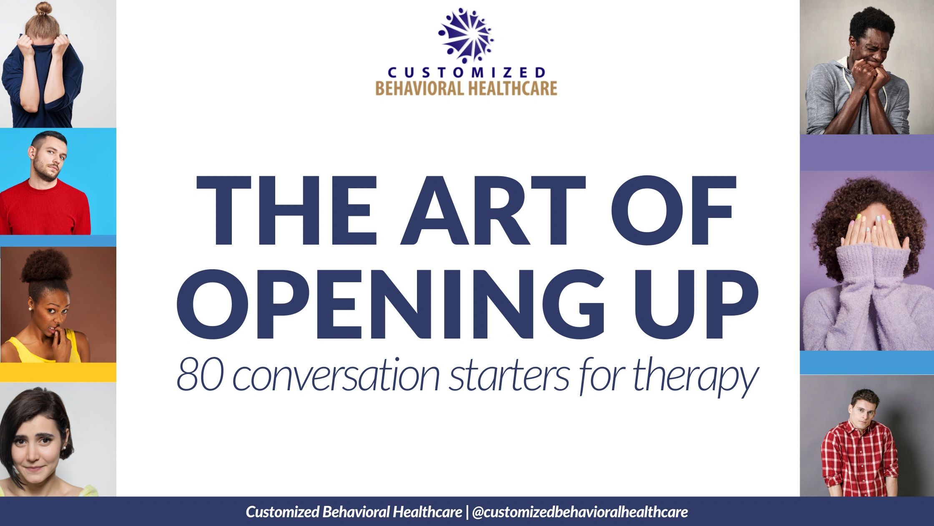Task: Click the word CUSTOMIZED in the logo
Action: (x=466, y=73)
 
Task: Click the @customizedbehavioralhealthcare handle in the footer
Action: (x=580, y=512)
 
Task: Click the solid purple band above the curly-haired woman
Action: (x=867, y=152)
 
